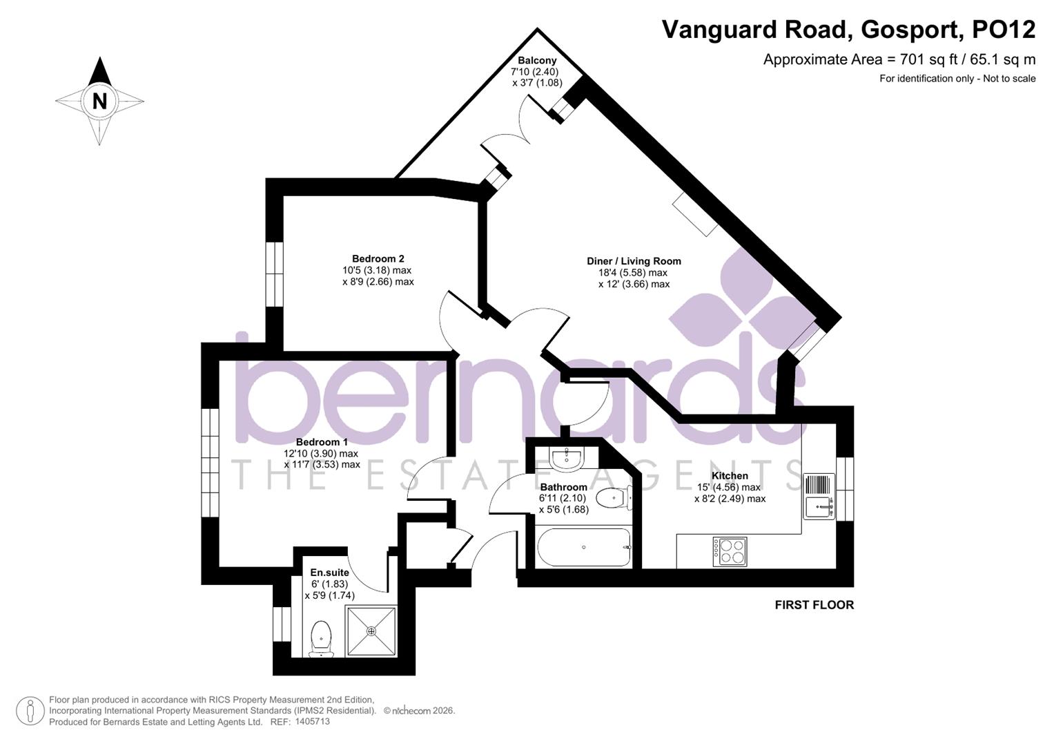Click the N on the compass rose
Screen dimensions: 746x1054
(99, 101)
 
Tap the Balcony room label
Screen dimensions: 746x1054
(537, 61)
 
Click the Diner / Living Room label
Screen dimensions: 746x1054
(634, 261)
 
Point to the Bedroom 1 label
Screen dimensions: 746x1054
(322, 442)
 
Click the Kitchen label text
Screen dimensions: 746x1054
(730, 476)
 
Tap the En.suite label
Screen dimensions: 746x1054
(329, 573)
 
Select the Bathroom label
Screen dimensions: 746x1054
(563, 487)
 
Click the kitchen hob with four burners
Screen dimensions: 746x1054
(730, 551)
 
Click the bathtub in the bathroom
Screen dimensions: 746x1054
(584, 548)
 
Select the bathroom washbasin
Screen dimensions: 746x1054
(567, 457)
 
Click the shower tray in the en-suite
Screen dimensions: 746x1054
(371, 631)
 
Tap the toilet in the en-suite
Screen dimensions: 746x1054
(321, 638)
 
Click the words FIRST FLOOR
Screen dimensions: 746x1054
(814, 605)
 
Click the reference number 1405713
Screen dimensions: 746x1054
(312, 722)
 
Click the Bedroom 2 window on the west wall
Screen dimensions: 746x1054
(274, 274)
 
